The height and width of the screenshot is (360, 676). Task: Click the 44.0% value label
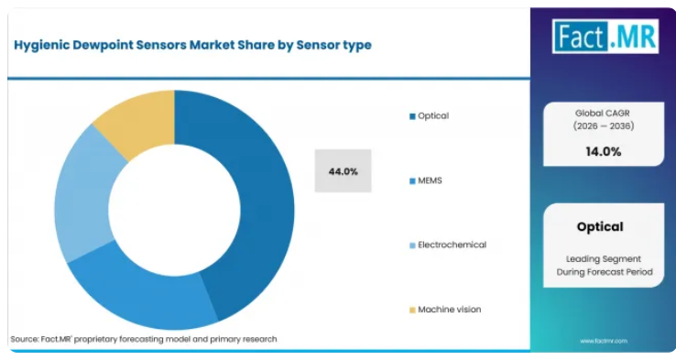click(x=343, y=171)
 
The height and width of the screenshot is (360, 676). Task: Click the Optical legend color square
click(x=412, y=116)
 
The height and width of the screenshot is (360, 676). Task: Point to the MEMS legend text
click(x=430, y=180)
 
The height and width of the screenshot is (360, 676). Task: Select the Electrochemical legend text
click(x=452, y=245)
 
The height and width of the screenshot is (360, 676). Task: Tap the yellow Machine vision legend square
click(x=412, y=310)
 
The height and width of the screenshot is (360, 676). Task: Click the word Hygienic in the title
click(x=41, y=45)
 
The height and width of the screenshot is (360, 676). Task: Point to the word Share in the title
click(x=254, y=45)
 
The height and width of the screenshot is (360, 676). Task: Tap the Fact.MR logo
click(x=605, y=37)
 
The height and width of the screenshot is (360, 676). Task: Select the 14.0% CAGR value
click(x=603, y=152)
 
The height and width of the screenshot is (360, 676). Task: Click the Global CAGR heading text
click(x=603, y=114)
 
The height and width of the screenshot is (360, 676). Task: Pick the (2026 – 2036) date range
click(x=603, y=126)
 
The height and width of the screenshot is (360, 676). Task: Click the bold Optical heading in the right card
click(x=600, y=227)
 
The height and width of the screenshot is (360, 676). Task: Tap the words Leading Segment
click(x=604, y=259)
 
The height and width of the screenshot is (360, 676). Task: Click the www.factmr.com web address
click(x=603, y=341)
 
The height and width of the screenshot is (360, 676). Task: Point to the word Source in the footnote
click(x=24, y=339)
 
